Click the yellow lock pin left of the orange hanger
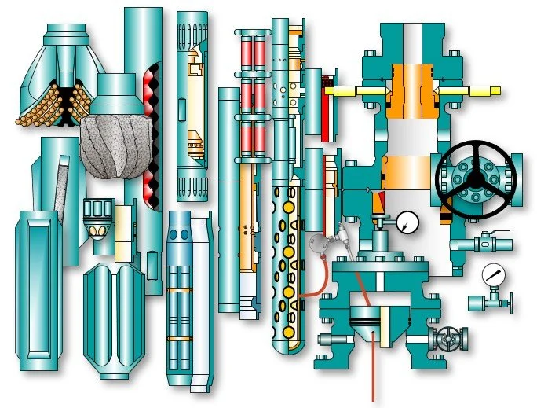(349, 91)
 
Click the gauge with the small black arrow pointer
(407, 222)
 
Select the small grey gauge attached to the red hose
(317, 244)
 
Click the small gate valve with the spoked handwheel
(450, 338)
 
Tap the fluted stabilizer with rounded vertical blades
(114, 318)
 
